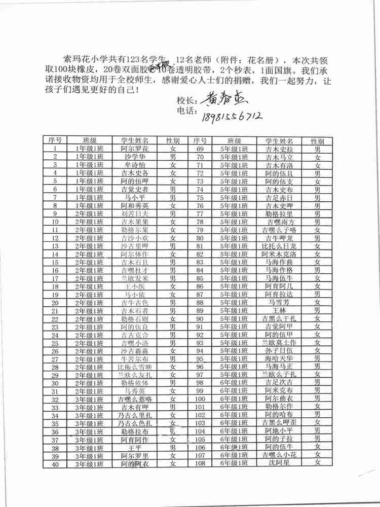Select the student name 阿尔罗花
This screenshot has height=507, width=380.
click(135, 149)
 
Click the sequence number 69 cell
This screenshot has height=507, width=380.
click(200, 149)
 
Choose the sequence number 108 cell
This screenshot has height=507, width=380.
click(200, 463)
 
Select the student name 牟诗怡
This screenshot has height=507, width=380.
click(135, 165)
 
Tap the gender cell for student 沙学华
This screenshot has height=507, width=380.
click(173, 157)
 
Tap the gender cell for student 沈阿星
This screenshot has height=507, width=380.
click(318, 462)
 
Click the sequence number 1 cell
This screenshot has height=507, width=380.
click(55, 149)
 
